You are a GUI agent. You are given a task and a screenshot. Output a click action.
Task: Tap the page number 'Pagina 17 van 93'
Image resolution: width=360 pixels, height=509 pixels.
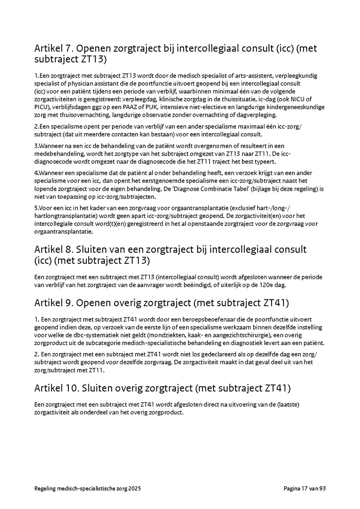(x=305, y=489)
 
